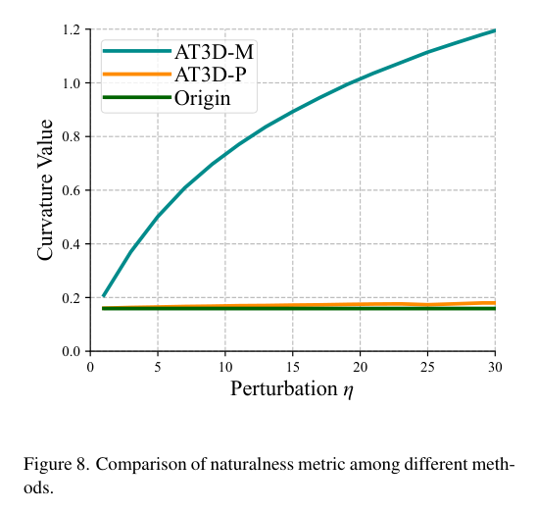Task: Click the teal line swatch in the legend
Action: click(138, 50)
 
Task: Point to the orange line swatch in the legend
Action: click(138, 74)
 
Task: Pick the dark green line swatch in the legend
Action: click(138, 97)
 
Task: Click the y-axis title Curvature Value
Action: click(45, 190)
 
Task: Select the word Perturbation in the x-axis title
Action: click(283, 389)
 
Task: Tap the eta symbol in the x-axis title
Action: click(349, 391)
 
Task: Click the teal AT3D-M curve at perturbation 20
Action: click(360, 78)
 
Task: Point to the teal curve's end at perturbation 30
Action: click(494, 30)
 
